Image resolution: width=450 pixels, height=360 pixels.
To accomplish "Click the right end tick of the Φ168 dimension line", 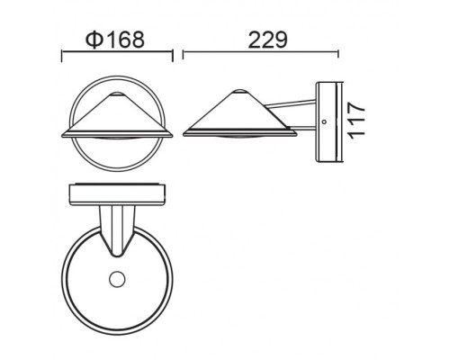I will pos(171,57).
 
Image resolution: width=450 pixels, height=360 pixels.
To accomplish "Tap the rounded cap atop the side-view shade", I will pos(241,93).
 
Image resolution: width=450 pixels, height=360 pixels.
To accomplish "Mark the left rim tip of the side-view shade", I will pos(184,133).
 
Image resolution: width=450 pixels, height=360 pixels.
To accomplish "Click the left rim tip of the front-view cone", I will pos(63,133).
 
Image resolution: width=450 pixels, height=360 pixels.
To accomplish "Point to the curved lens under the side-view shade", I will pos(241,141).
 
